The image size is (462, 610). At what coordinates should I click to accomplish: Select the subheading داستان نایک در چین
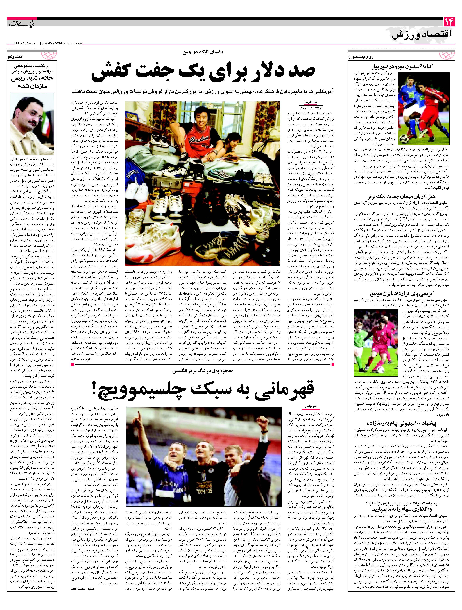point(203,52)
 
